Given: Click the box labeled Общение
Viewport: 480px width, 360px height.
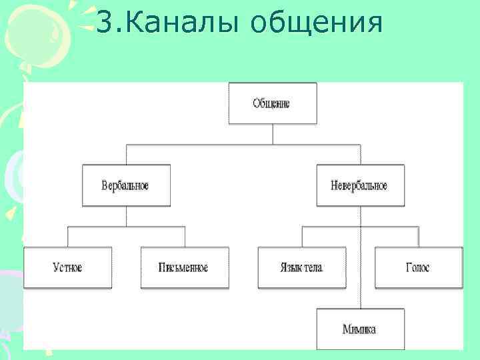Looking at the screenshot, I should click(272, 104).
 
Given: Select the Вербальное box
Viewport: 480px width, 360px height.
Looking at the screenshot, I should click(126, 185).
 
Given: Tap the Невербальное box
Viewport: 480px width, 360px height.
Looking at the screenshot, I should click(359, 185).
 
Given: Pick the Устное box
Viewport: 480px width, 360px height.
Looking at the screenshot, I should click(67, 267).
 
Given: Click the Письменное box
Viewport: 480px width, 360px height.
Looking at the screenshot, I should click(184, 267).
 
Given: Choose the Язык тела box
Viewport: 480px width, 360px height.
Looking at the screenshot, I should click(302, 267).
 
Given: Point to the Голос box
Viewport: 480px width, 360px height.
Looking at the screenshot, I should click(418, 267).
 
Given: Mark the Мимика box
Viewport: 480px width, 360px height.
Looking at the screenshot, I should click(359, 329).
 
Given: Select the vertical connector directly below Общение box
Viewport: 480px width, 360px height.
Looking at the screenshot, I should click(272, 133).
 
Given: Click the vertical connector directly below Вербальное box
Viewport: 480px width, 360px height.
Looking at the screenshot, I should click(126, 216).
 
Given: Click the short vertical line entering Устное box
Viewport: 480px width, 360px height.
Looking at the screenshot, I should click(67, 237).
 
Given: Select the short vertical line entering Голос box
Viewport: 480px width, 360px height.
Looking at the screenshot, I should click(418, 237).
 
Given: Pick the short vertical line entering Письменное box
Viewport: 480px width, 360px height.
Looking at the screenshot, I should click(185, 237).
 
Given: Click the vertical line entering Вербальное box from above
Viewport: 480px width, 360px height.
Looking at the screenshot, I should click(126, 154).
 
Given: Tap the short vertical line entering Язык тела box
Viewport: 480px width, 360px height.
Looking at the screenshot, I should click(302, 237).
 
